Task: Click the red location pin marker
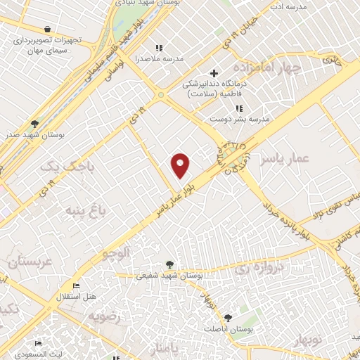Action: [181, 165]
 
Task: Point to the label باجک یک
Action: [58, 167]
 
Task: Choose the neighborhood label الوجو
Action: [115, 252]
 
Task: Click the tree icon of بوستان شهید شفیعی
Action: [169, 265]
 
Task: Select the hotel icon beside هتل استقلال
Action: [76, 286]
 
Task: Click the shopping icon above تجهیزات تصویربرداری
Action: [46, 30]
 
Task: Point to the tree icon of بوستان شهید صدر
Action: [35, 122]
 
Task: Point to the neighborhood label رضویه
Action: [105, 316]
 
